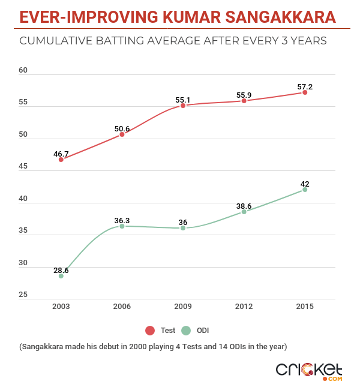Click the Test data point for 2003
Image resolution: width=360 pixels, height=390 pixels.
pyautogui.click(x=61, y=160)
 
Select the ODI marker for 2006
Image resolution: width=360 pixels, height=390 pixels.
pyautogui.click(x=122, y=226)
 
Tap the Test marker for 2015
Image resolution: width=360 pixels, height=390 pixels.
pyautogui.click(x=305, y=92)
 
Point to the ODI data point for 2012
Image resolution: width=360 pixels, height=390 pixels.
pyautogui.click(x=244, y=212)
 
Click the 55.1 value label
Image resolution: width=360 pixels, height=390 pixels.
pyautogui.click(x=182, y=97)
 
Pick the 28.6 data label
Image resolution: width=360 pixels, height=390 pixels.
pyautogui.click(x=61, y=271)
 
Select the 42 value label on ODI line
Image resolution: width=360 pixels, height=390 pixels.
pyautogui.click(x=305, y=184)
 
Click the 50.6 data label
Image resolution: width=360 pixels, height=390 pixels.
pyautogui.click(x=122, y=128)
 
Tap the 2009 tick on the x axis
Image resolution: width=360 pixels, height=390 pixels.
pyautogui.click(x=182, y=306)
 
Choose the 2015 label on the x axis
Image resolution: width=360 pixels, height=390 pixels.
pyautogui.click(x=305, y=306)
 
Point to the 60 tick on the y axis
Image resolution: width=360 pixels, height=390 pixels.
pyautogui.click(x=23, y=70)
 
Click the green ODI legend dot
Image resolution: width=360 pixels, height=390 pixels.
pyautogui.click(x=186, y=331)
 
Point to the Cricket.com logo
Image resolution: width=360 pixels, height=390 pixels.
pyautogui.click(x=309, y=370)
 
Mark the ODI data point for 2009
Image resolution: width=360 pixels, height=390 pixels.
pyautogui.click(x=182, y=228)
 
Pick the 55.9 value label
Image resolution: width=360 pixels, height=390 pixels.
pyautogui.click(x=244, y=93)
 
